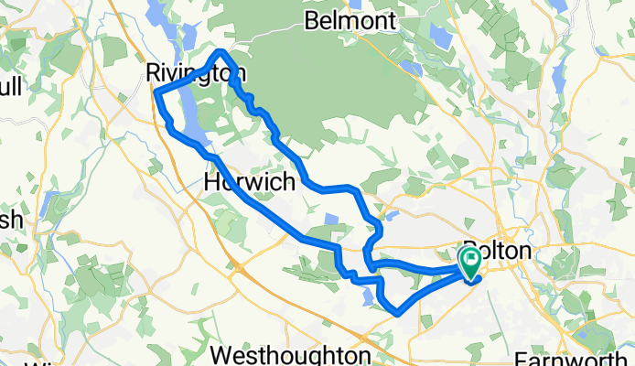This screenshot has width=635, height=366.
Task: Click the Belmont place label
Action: tap(351, 20)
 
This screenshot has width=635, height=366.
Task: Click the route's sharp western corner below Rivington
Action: tap(156, 93)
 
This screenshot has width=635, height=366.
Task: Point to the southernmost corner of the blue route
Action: tap(398, 314)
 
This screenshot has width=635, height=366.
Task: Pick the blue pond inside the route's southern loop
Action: tap(368, 295)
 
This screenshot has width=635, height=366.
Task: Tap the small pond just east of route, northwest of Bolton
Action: tap(393, 218)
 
